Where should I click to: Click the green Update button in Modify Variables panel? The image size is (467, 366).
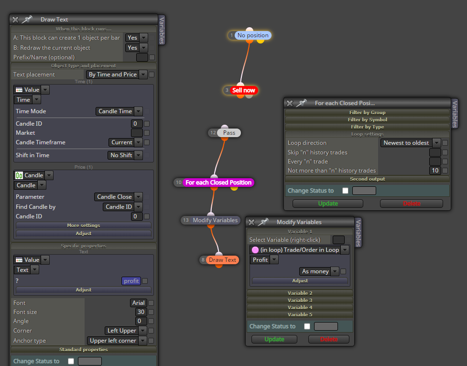[274, 339]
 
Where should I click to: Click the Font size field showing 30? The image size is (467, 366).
[141, 312]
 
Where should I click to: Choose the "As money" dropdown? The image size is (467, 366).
[319, 271]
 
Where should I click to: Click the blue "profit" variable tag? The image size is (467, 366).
[131, 281]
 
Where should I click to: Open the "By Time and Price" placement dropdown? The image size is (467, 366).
[117, 75]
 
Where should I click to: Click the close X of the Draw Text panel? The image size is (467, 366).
[15, 20]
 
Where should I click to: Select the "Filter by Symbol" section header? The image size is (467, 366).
[367, 120]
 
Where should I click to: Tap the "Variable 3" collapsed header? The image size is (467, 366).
[300, 300]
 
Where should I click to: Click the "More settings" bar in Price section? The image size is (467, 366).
[83, 226]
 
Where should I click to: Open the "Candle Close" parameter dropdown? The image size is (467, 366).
[118, 197]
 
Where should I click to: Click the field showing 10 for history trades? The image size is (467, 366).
[435, 171]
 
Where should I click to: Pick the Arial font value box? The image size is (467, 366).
[139, 303]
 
